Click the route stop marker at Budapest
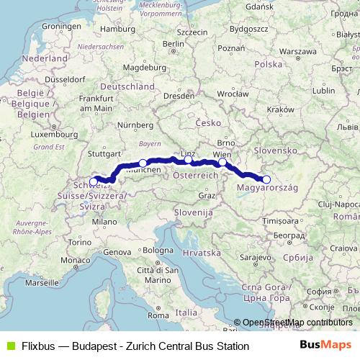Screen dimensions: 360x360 266,179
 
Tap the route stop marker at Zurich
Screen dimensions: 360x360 94,181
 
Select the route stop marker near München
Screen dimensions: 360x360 143,163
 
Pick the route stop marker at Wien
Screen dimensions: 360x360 222,163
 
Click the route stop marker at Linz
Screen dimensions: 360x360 189,159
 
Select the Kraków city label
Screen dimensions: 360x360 276,109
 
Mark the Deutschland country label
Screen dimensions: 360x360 128,86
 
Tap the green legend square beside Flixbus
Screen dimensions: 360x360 8,346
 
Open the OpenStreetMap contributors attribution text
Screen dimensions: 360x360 297,323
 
